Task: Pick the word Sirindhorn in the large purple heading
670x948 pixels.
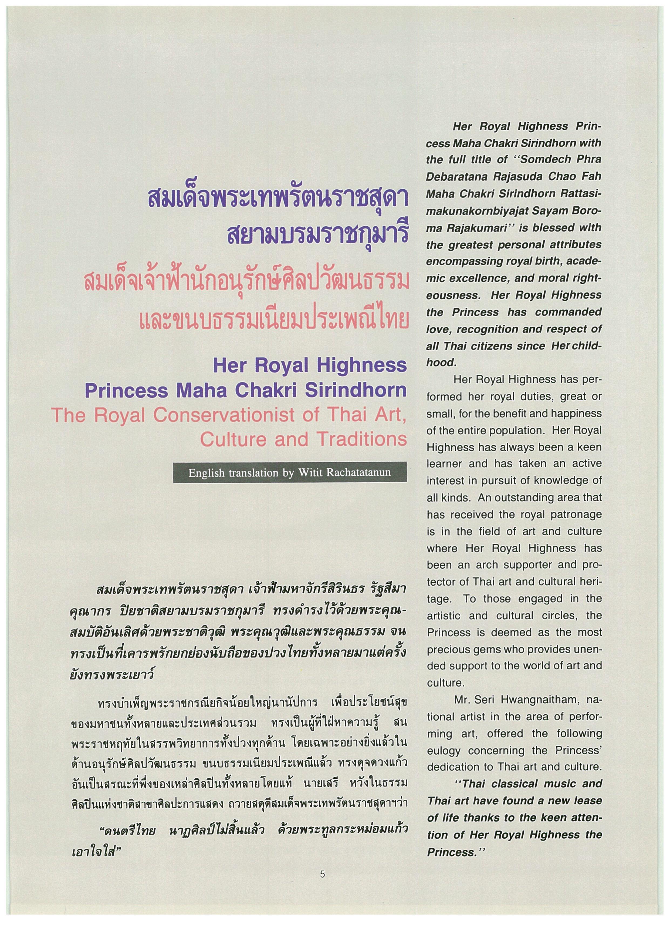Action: click(x=356, y=391)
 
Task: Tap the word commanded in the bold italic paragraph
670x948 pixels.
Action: click(x=569, y=312)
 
